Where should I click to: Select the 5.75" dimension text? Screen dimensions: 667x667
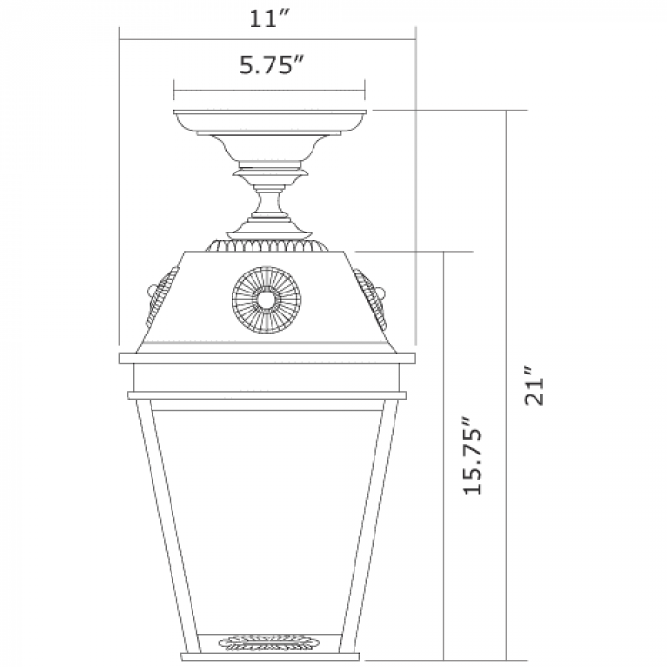pyautogui.click(x=272, y=65)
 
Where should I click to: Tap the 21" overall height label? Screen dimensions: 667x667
pyautogui.click(x=535, y=385)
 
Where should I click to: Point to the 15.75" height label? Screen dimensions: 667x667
pyautogui.click(x=473, y=456)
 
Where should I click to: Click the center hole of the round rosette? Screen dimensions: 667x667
pyautogui.click(x=267, y=299)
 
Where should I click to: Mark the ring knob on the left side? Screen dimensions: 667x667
pyautogui.click(x=151, y=292)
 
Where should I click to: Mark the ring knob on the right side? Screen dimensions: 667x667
pyautogui.click(x=382, y=293)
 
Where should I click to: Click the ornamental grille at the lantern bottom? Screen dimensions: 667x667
pyautogui.click(x=266, y=642)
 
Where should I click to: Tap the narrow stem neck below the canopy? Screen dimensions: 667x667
pyautogui.click(x=270, y=202)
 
